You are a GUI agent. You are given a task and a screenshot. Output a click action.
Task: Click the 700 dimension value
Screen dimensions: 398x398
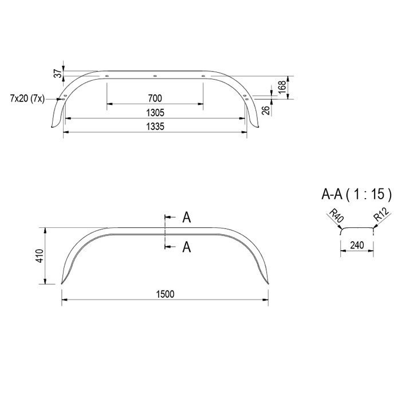click(155, 98)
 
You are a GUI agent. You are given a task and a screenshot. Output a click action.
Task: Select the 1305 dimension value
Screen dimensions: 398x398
click(155, 112)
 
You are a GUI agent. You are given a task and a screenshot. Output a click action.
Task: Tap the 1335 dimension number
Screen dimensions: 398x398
click(155, 126)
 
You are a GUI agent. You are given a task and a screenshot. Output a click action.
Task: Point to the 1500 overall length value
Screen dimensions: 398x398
click(165, 294)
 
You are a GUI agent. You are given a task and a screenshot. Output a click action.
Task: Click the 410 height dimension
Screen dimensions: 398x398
click(40, 256)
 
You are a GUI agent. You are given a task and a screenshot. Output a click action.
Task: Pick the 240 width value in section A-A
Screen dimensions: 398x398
click(357, 245)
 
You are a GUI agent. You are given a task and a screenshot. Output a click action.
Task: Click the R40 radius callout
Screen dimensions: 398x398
click(336, 215)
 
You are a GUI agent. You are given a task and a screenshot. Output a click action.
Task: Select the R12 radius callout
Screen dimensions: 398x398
click(381, 214)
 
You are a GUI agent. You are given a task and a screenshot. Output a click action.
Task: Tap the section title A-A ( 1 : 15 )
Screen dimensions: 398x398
click(356, 194)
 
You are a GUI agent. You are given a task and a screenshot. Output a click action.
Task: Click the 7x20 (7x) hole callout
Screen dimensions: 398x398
click(27, 98)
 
